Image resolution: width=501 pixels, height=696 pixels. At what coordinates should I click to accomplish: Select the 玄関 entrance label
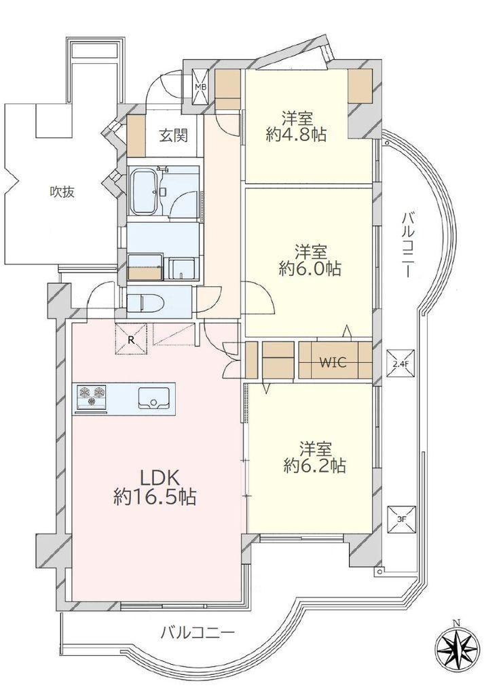tap(173, 135)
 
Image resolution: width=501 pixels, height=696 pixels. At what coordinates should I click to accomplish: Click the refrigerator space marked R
tap(131, 340)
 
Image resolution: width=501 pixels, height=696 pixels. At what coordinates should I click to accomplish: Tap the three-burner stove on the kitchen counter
tap(92, 397)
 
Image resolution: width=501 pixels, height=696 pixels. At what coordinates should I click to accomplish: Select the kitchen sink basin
tap(153, 398)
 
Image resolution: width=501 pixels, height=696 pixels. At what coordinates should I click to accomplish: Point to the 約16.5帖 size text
tap(154, 497)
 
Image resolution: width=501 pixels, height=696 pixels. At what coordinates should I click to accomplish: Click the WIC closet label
tap(333, 362)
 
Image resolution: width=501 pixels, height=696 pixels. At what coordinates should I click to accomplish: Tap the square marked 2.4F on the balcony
tap(401, 363)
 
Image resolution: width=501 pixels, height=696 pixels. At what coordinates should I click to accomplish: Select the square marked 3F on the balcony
tap(401, 519)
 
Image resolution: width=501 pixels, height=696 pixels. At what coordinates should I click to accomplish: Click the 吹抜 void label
tap(62, 192)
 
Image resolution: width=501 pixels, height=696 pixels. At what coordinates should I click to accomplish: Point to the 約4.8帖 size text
tap(297, 135)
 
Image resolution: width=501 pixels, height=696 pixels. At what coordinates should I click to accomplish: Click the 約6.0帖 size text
tap(310, 268)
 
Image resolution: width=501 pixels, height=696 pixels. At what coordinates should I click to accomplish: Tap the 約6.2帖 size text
tap(315, 466)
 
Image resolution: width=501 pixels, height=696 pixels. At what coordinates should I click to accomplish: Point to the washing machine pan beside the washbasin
tap(145, 267)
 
